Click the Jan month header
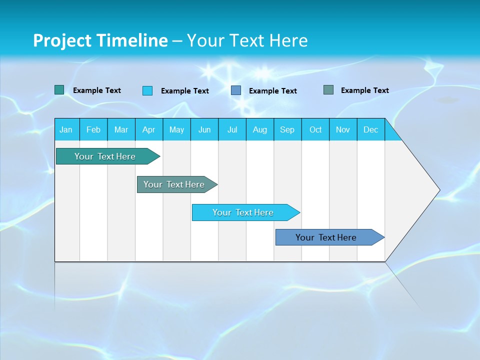(66, 129)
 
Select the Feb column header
(93, 129)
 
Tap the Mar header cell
(121, 129)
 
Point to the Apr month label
(148, 129)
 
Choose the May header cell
(176, 129)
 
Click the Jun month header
(204, 129)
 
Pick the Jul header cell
(232, 129)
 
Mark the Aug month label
(260, 129)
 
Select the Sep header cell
(287, 129)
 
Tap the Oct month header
(315, 129)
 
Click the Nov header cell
(343, 129)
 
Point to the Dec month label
(371, 129)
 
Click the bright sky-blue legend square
(147, 90)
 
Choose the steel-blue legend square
(236, 90)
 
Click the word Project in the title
(62, 40)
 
